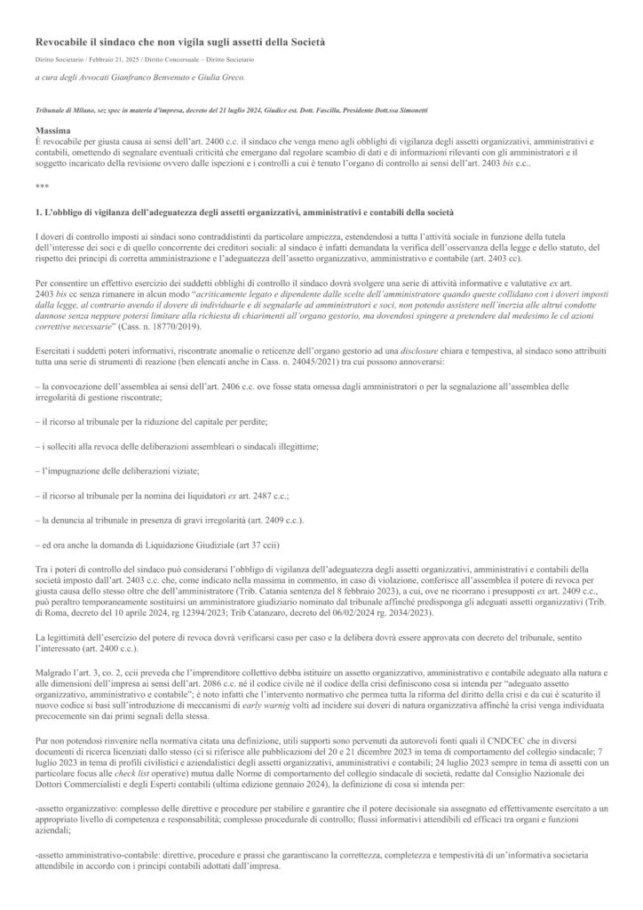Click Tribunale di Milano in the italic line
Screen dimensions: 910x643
click(x=63, y=109)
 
